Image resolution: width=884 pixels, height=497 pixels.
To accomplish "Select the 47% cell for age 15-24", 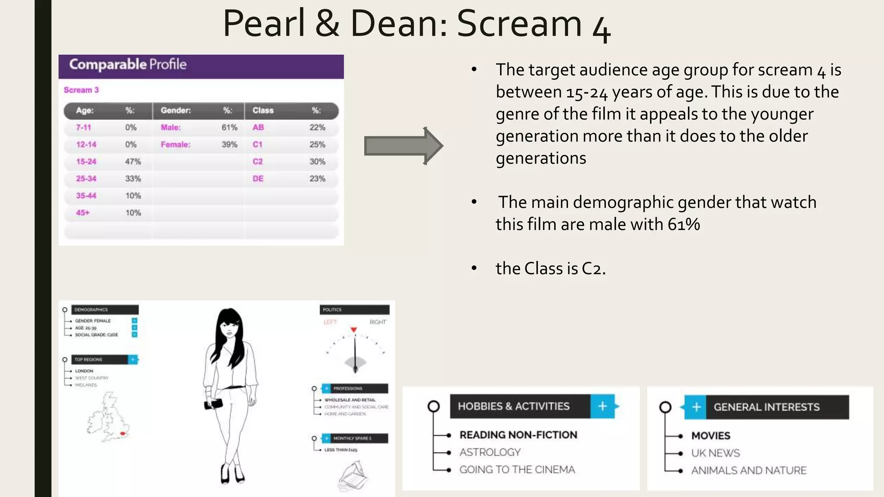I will pyautogui.click(x=133, y=161).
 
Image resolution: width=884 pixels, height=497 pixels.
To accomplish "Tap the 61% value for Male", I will pyautogui.click(x=229, y=127).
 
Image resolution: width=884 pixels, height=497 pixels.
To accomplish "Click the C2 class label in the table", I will pyautogui.click(x=258, y=161).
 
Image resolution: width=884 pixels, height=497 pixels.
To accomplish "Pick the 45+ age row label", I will pyautogui.click(x=83, y=213).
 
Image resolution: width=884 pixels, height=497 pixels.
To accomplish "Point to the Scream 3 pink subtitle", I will pyautogui.click(x=81, y=90).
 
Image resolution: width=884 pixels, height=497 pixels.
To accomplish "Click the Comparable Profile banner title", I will pyautogui.click(x=128, y=65).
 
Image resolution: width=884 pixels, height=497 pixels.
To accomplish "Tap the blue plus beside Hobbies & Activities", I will pyautogui.click(x=603, y=406).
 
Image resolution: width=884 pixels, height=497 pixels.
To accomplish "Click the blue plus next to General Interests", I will pyautogui.click(x=696, y=407).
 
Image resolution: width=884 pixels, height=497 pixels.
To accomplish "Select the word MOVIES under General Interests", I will pyautogui.click(x=710, y=436).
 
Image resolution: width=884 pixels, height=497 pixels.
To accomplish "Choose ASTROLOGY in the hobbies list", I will pyautogui.click(x=490, y=452).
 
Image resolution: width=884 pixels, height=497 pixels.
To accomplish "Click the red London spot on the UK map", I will pyautogui.click(x=123, y=434).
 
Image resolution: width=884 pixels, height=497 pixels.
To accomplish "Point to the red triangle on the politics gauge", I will pyautogui.click(x=354, y=330).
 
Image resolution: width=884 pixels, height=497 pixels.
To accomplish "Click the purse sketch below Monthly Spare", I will pyautogui.click(x=354, y=477).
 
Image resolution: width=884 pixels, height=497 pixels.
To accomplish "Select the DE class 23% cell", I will pyautogui.click(x=317, y=179).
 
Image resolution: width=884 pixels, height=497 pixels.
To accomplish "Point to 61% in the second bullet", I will pyautogui.click(x=684, y=224).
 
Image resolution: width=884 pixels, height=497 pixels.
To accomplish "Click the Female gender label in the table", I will pyautogui.click(x=175, y=145).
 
